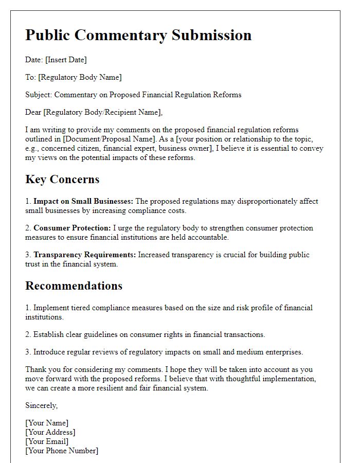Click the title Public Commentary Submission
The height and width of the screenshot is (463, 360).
138,35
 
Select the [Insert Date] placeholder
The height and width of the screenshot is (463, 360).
66,60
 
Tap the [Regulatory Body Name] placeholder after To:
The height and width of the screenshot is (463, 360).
80,77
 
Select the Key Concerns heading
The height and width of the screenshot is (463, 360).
62,180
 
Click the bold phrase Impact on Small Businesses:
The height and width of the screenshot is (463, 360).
83,201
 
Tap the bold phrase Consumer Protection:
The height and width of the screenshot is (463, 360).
72,228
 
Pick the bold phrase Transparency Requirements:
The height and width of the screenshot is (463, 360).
85,255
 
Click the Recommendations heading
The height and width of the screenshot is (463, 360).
74,286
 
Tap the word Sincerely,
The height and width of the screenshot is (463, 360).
42,405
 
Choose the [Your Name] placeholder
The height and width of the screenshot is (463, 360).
47,423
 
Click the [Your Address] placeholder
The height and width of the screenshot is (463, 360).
50,432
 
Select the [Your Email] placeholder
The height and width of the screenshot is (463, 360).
47,441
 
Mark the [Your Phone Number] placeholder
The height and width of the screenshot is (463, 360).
62,451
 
